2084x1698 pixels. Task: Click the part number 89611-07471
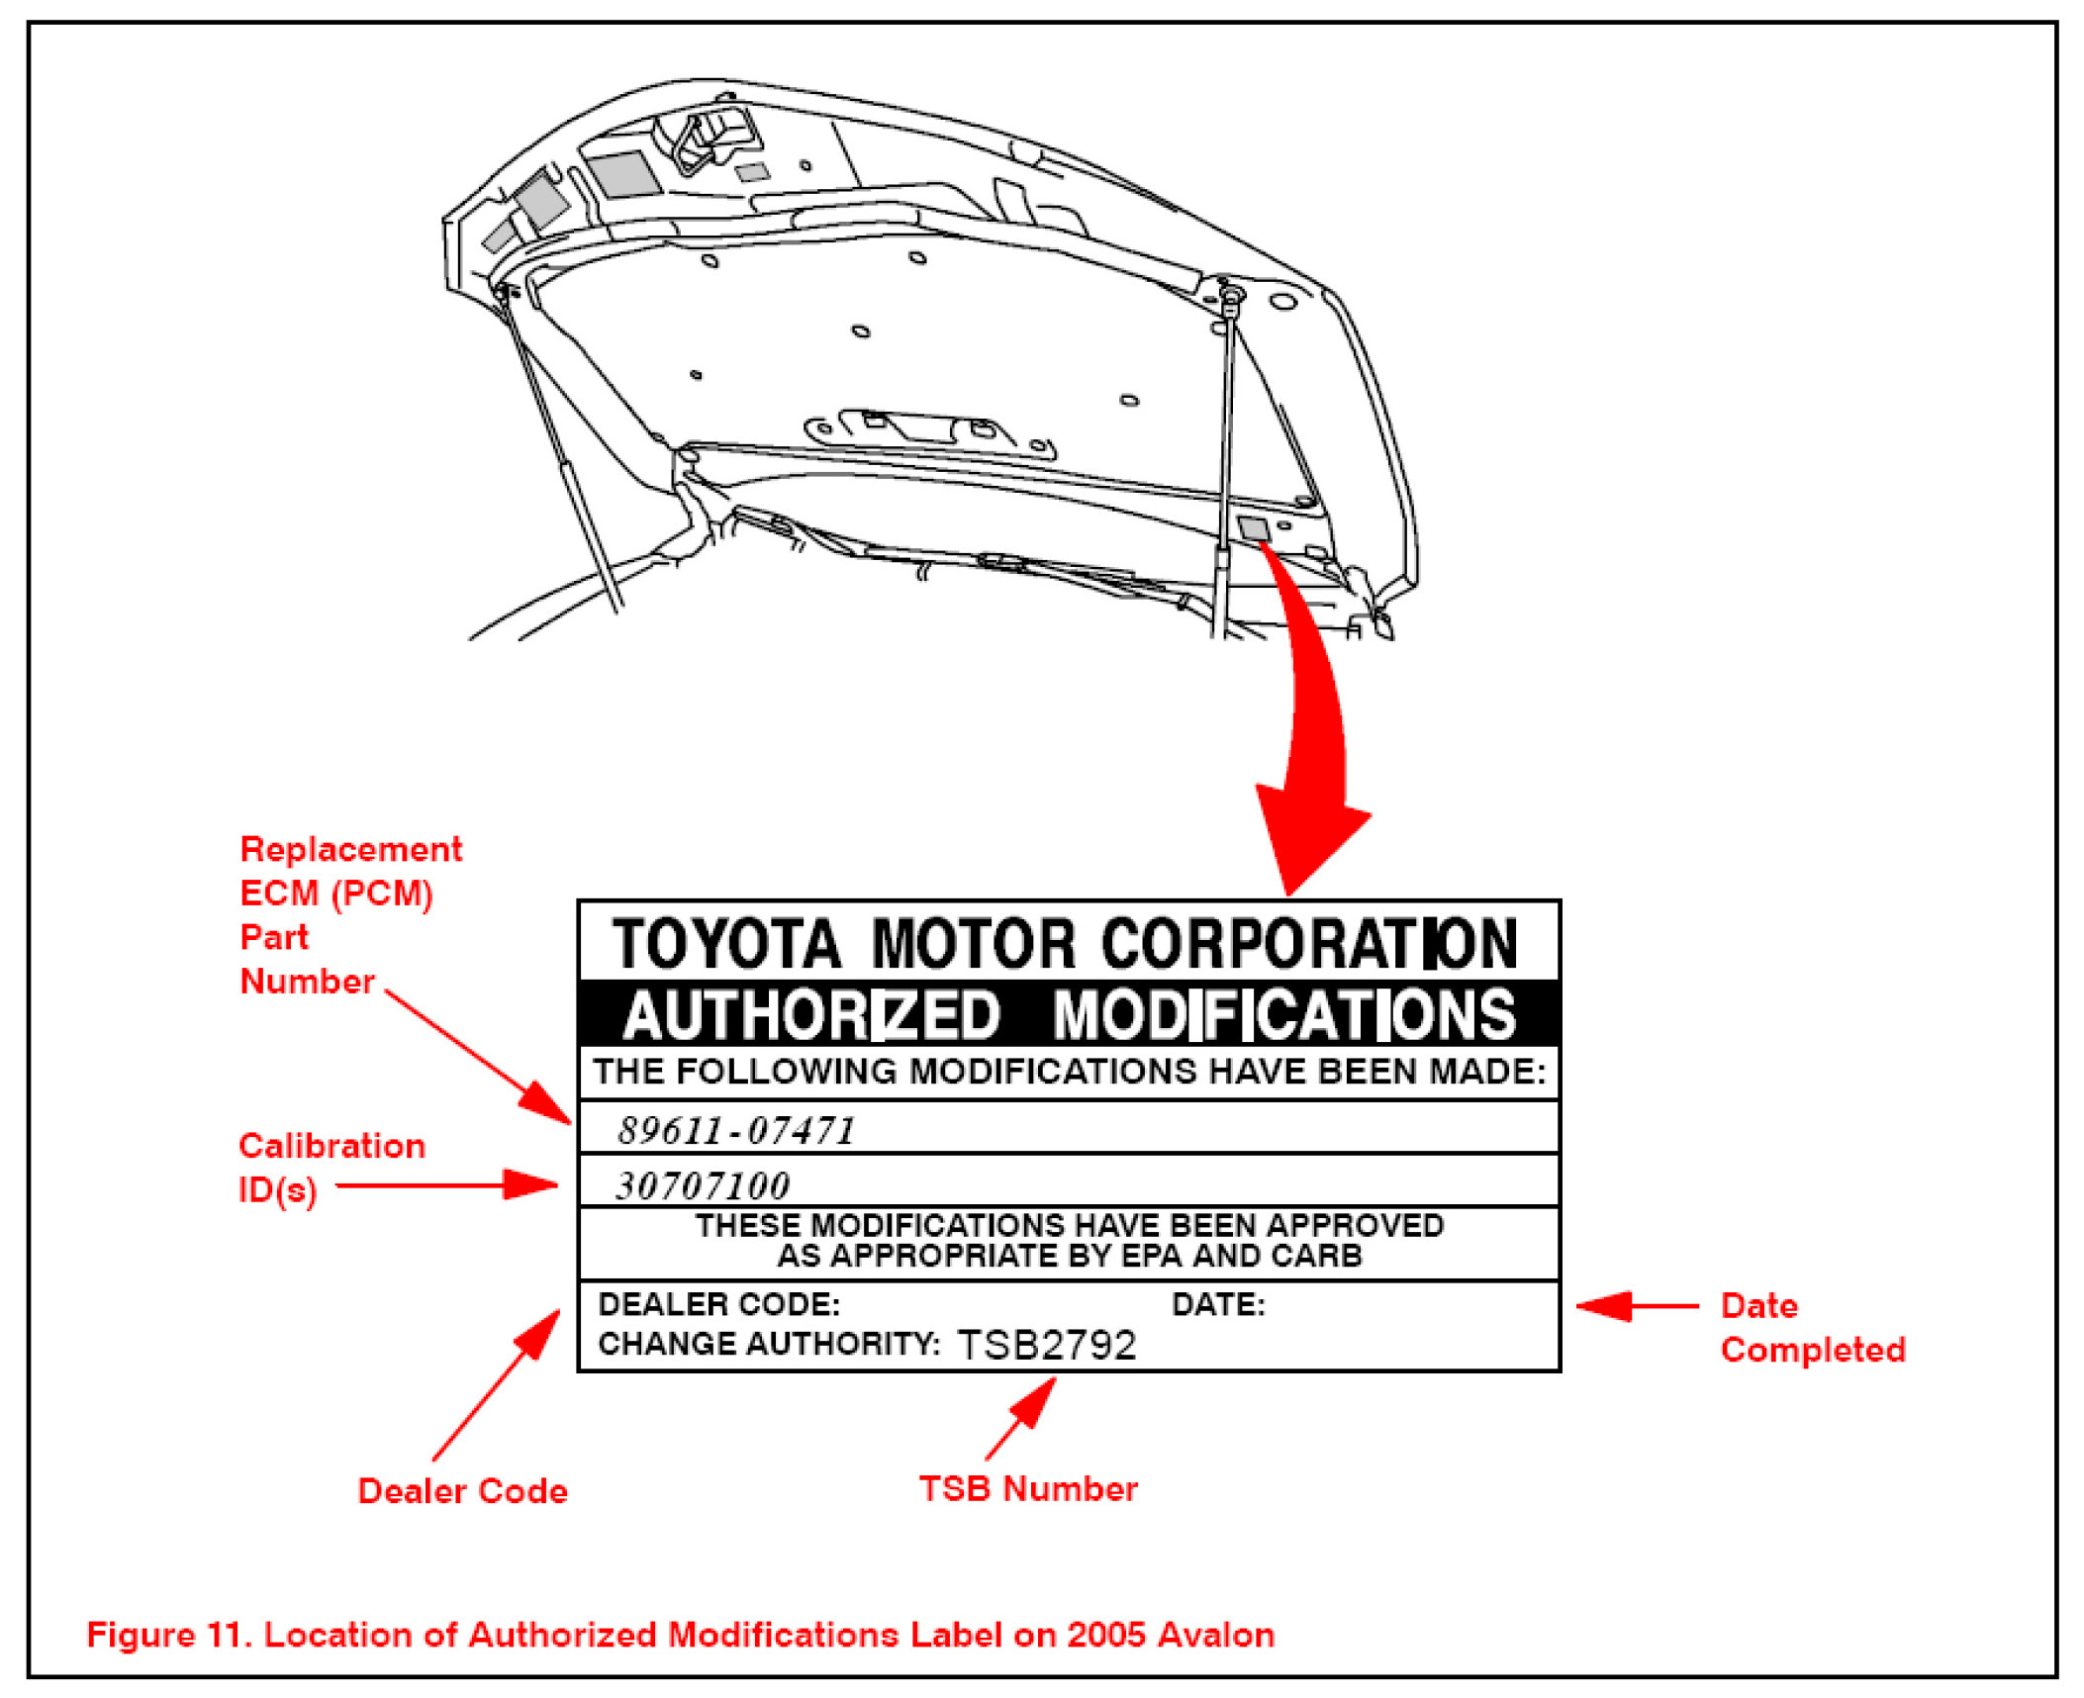[x=736, y=1130]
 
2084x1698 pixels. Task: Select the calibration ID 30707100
[x=703, y=1185]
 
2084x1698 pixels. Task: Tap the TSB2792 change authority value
[x=1047, y=1345]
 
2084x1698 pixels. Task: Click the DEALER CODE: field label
[x=718, y=1304]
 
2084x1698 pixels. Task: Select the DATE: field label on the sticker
[x=1218, y=1304]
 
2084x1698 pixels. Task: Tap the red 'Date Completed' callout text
[x=1812, y=1327]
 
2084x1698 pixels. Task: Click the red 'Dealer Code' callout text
[x=462, y=1490]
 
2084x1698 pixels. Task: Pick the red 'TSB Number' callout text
[x=1028, y=1488]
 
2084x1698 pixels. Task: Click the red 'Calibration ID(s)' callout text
[x=332, y=1167]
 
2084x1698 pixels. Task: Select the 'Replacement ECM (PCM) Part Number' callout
[x=349, y=914]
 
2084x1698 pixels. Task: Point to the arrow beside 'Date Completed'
[x=1636, y=1306]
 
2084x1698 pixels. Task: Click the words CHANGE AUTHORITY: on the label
[x=769, y=1344]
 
